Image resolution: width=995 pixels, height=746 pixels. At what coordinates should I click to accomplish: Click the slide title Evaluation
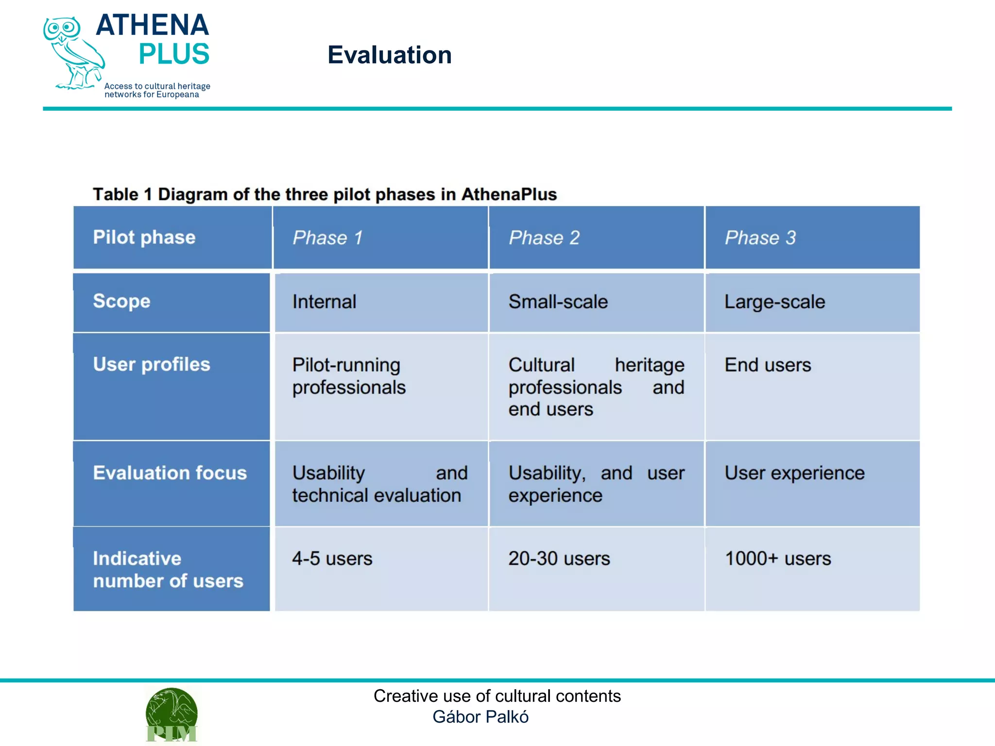coord(389,55)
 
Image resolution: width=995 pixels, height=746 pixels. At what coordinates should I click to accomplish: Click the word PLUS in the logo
coord(173,54)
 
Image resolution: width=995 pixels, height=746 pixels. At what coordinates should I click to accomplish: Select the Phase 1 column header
coord(327,237)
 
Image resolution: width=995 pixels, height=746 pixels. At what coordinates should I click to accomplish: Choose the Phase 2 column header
coord(544,237)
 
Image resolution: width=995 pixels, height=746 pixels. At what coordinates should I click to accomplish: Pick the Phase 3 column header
coord(760,237)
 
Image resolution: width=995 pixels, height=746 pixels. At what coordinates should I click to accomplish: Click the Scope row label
coord(122,301)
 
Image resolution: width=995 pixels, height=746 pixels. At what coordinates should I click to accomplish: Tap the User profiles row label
coord(152,364)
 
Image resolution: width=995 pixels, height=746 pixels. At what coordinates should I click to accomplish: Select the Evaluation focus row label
coord(170,473)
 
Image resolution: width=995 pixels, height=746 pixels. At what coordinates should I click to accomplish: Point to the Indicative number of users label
coord(168,569)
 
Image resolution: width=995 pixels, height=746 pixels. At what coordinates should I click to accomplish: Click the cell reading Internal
coord(324,302)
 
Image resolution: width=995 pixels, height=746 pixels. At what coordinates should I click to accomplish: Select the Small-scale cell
coord(558,302)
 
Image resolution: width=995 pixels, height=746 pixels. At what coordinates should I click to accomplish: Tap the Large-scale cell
coord(774,302)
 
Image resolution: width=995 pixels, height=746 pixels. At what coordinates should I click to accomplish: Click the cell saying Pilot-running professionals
coord(349,376)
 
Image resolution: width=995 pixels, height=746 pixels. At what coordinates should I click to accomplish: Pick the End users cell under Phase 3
coord(768,365)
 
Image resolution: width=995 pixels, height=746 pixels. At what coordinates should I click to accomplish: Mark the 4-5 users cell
coord(332,559)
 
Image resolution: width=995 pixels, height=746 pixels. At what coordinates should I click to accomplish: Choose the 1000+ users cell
coord(778,559)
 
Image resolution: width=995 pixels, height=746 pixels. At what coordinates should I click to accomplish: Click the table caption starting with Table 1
coord(325,194)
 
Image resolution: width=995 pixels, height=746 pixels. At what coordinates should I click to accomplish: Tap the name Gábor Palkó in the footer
coord(480,717)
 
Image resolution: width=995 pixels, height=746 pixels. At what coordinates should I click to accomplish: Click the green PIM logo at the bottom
coord(172,715)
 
